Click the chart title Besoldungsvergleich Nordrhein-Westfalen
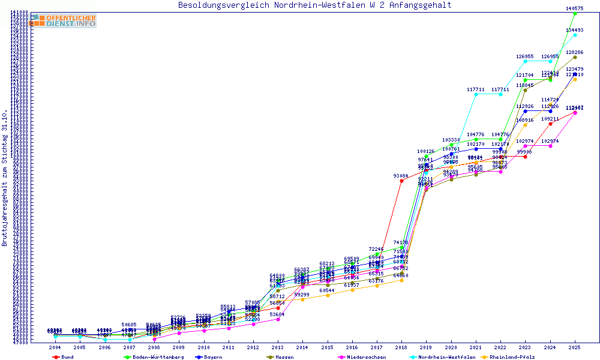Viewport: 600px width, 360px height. [x=314, y=5]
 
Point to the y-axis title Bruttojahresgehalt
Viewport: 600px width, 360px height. [x=5, y=178]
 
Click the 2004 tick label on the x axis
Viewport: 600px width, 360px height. [x=55, y=347]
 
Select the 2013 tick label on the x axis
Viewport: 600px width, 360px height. [x=278, y=347]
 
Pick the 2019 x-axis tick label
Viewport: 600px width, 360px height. [x=426, y=347]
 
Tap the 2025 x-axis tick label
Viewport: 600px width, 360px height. [x=575, y=347]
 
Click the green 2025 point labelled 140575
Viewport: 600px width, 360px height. [x=575, y=13]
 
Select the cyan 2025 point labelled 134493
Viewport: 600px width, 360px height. [x=575, y=35]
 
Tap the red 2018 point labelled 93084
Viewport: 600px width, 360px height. [x=401, y=181]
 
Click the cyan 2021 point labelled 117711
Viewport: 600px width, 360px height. [x=476, y=94]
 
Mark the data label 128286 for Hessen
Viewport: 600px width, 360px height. [x=575, y=53]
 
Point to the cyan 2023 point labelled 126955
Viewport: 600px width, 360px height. [x=525, y=61]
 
